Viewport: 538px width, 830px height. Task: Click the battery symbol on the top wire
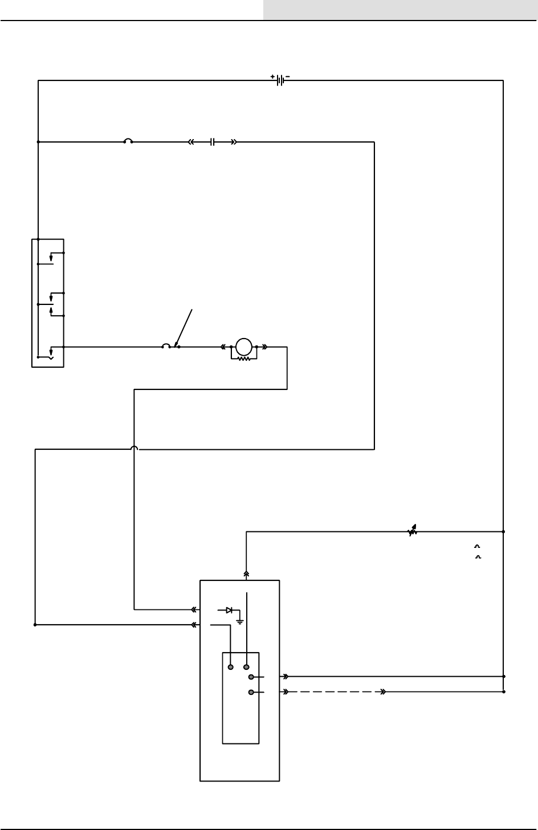(x=280, y=80)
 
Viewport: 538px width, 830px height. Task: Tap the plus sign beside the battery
(x=272, y=76)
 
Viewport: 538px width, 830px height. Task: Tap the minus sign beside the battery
(x=287, y=76)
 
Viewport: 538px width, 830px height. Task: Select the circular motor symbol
(x=244, y=346)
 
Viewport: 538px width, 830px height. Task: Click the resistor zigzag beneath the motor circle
(x=244, y=359)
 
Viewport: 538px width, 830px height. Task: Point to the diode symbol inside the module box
(x=229, y=610)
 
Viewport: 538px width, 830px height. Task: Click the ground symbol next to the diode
(x=240, y=620)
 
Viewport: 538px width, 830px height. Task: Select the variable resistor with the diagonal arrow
(x=413, y=531)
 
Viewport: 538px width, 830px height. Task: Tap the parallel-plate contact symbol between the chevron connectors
(x=212, y=142)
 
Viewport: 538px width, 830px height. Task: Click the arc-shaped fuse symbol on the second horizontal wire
(x=128, y=141)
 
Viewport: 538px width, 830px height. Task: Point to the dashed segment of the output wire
(x=336, y=692)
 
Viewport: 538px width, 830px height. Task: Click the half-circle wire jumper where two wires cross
(x=134, y=449)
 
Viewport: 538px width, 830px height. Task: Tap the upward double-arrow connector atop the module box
(x=246, y=574)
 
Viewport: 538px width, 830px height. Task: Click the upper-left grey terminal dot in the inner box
(x=231, y=666)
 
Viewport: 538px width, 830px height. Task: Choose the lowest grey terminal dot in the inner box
(x=251, y=692)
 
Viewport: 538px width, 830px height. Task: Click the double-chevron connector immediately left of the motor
(x=224, y=347)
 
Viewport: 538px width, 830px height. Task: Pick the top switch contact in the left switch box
(x=51, y=257)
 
